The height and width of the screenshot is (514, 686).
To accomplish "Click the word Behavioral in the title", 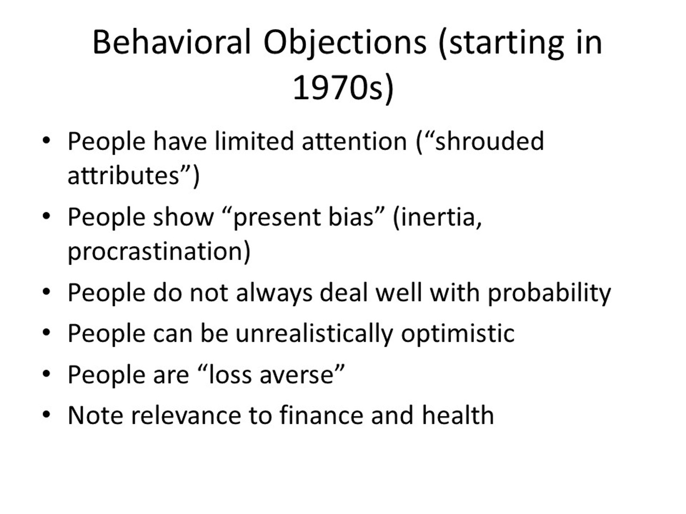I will [x=171, y=42].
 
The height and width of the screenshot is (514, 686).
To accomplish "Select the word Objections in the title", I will [x=345, y=42].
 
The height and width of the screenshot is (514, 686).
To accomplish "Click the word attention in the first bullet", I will [x=354, y=141].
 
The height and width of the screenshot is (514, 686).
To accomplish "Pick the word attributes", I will [x=123, y=176].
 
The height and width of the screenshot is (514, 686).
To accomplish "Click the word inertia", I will [x=438, y=217].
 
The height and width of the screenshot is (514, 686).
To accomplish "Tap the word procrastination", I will [x=156, y=251].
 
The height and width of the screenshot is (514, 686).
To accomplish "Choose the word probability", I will [x=549, y=293].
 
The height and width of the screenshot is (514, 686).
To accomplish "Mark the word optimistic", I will [x=457, y=333].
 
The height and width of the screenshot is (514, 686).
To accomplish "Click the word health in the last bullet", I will [x=457, y=415].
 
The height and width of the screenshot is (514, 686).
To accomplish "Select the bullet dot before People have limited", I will [x=46, y=141].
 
